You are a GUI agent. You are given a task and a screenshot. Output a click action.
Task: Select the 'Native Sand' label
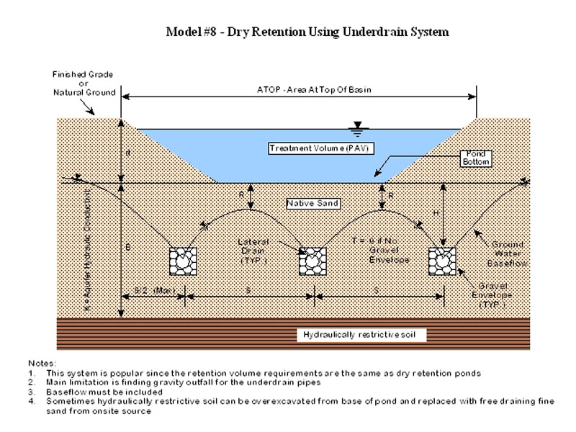click(306, 202)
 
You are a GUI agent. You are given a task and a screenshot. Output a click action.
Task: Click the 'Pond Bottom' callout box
click(476, 158)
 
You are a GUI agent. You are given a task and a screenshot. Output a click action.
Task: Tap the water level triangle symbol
click(355, 129)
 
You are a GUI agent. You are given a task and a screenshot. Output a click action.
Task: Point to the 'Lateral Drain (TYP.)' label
click(255, 248)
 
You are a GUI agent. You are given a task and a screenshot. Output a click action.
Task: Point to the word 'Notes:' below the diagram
click(41, 364)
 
